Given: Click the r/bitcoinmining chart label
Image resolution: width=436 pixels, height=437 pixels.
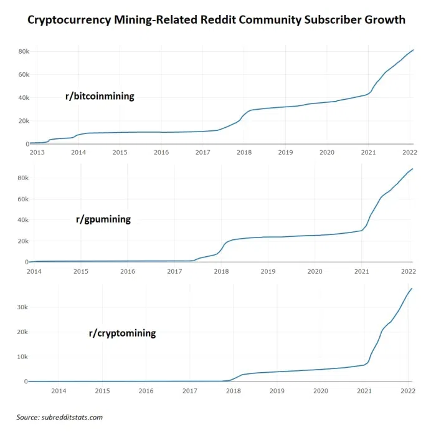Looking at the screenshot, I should pyautogui.click(x=100, y=97).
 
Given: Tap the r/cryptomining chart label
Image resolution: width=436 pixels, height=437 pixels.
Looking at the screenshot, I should pyautogui.click(x=122, y=333).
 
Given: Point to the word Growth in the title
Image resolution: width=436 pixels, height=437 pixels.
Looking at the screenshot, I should pyautogui.click(x=382, y=20).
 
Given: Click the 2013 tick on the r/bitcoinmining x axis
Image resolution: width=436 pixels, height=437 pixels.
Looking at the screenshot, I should pyautogui.click(x=37, y=152).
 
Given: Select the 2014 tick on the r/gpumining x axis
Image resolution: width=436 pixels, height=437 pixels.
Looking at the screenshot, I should pyautogui.click(x=34, y=271).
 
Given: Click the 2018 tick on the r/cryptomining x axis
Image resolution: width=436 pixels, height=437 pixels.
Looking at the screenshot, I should pyautogui.click(x=233, y=390).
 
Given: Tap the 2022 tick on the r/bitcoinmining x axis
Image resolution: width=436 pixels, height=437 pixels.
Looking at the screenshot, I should pyautogui.click(x=409, y=152).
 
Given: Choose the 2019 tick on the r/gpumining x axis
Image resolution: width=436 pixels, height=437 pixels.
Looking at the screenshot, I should pyautogui.click(x=268, y=271).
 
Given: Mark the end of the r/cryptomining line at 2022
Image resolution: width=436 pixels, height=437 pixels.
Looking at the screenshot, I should pyautogui.click(x=412, y=289).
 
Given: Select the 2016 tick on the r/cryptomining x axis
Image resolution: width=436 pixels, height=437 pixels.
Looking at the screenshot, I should pyautogui.click(x=146, y=390).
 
